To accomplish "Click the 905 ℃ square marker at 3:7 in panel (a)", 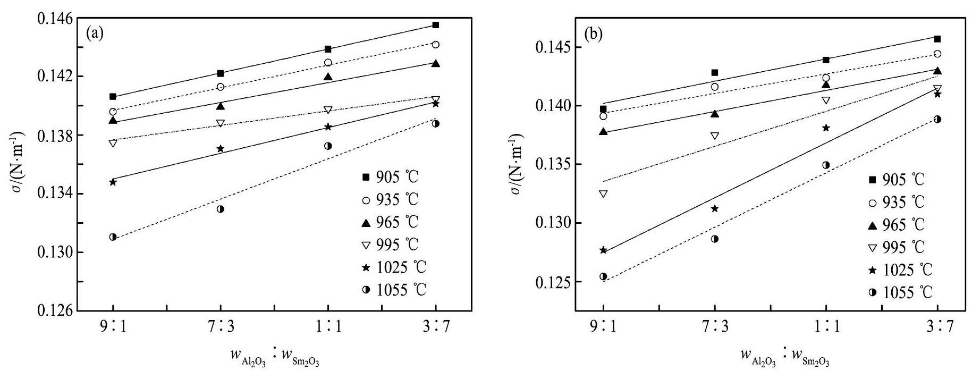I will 436,25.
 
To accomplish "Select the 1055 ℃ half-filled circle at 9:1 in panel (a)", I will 113,237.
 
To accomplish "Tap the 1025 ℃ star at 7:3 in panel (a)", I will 221,149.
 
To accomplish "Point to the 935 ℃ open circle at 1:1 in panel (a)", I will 328,63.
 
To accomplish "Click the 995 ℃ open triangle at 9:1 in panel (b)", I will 603,193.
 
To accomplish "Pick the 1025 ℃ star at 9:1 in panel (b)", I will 603,250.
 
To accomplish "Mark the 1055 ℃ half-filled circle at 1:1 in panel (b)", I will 826,165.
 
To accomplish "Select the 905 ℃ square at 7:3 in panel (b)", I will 715,72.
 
